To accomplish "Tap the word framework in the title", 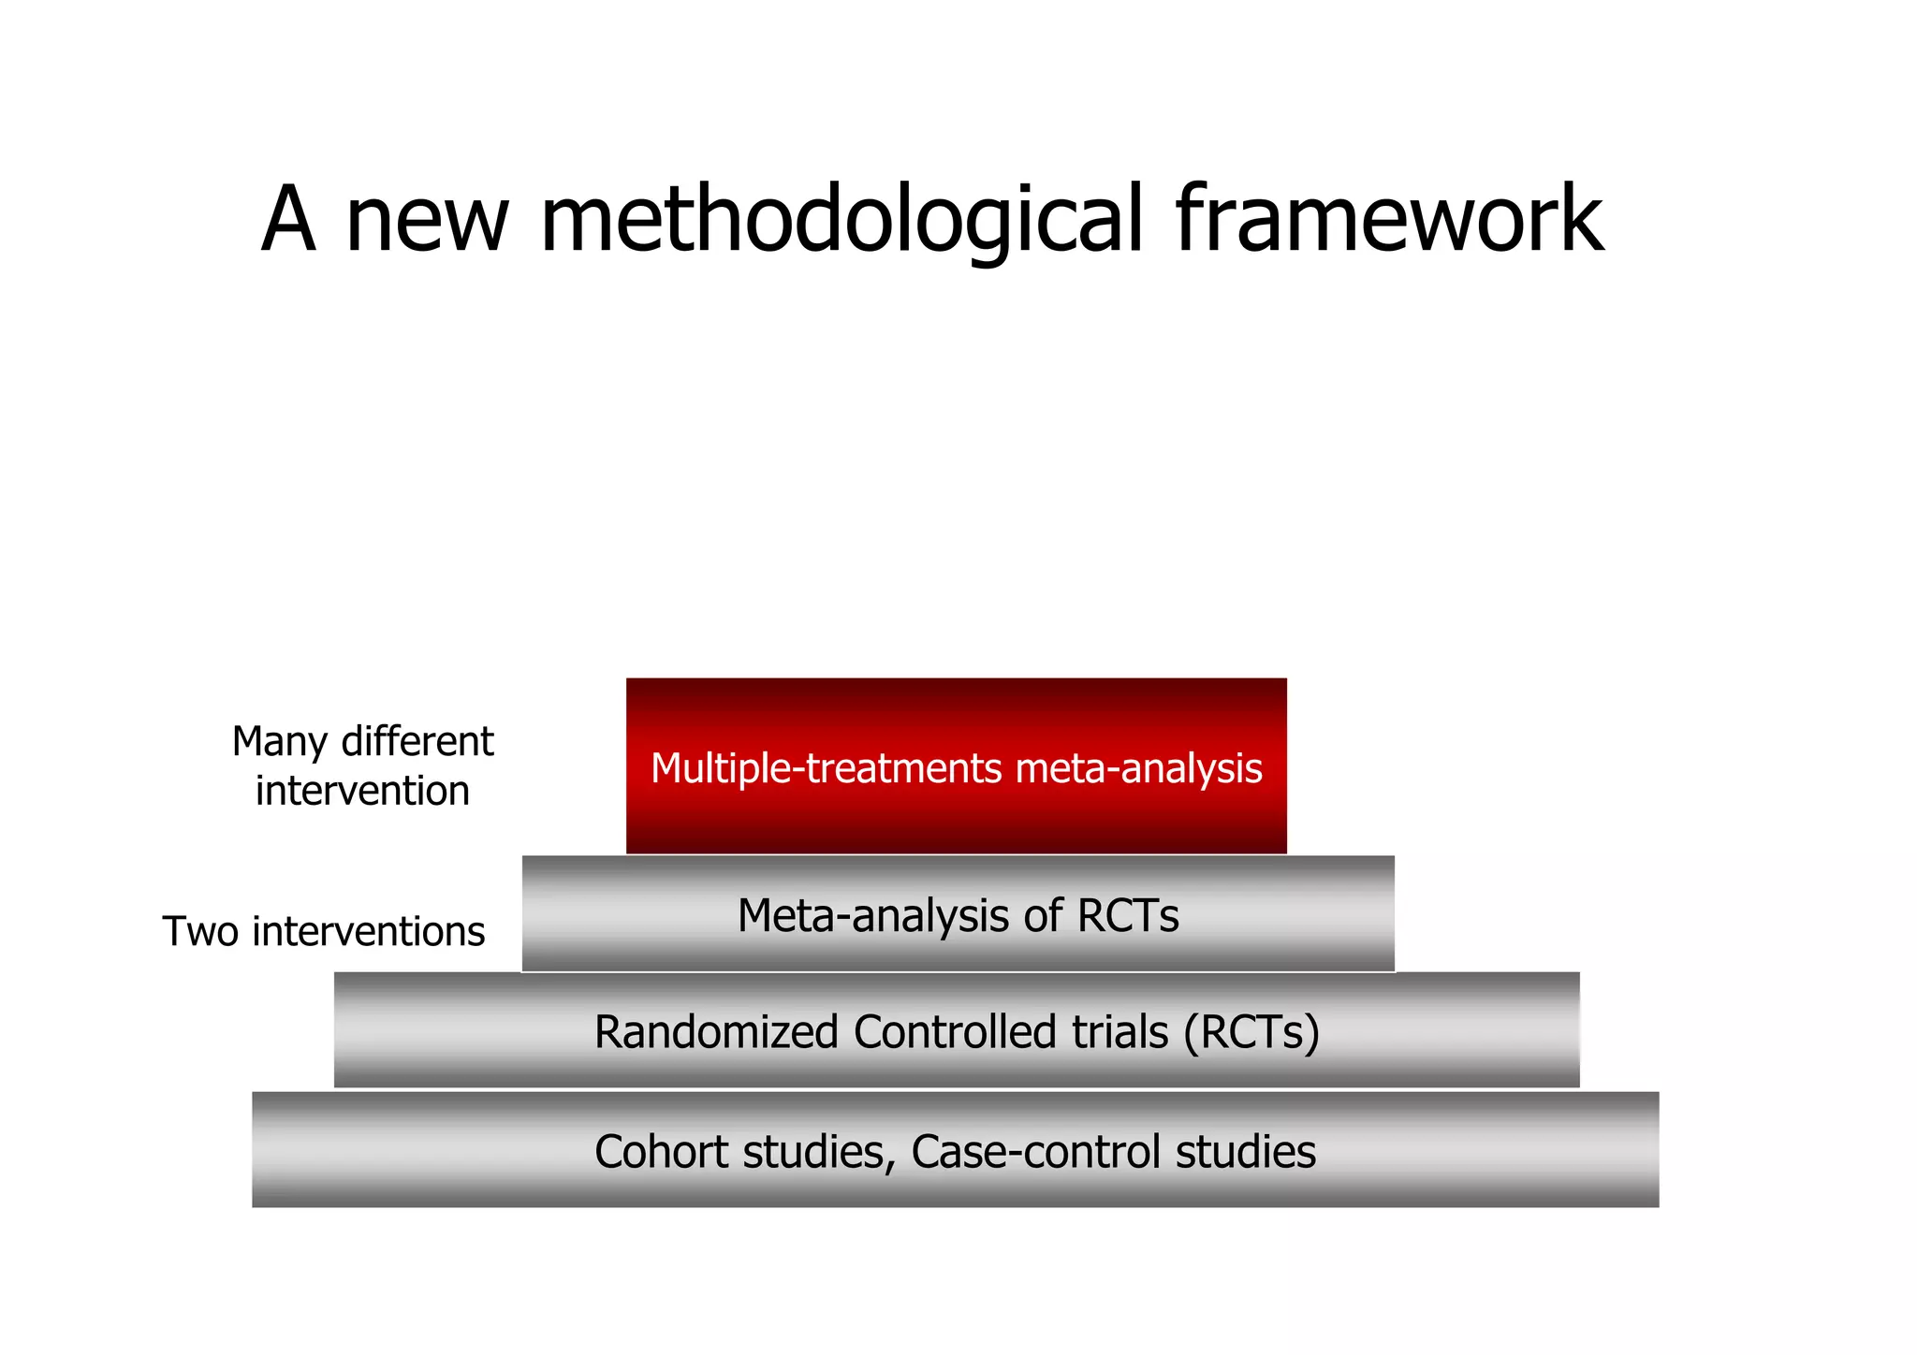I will tap(1389, 221).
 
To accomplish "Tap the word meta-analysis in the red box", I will tap(1138, 768).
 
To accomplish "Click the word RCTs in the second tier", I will tap(1127, 915).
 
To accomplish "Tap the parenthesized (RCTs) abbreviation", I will tap(1251, 1032).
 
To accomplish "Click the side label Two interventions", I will tap(324, 932).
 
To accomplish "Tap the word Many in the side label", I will tap(279, 742).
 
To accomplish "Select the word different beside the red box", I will tap(417, 742).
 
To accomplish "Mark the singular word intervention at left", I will tap(362, 792).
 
